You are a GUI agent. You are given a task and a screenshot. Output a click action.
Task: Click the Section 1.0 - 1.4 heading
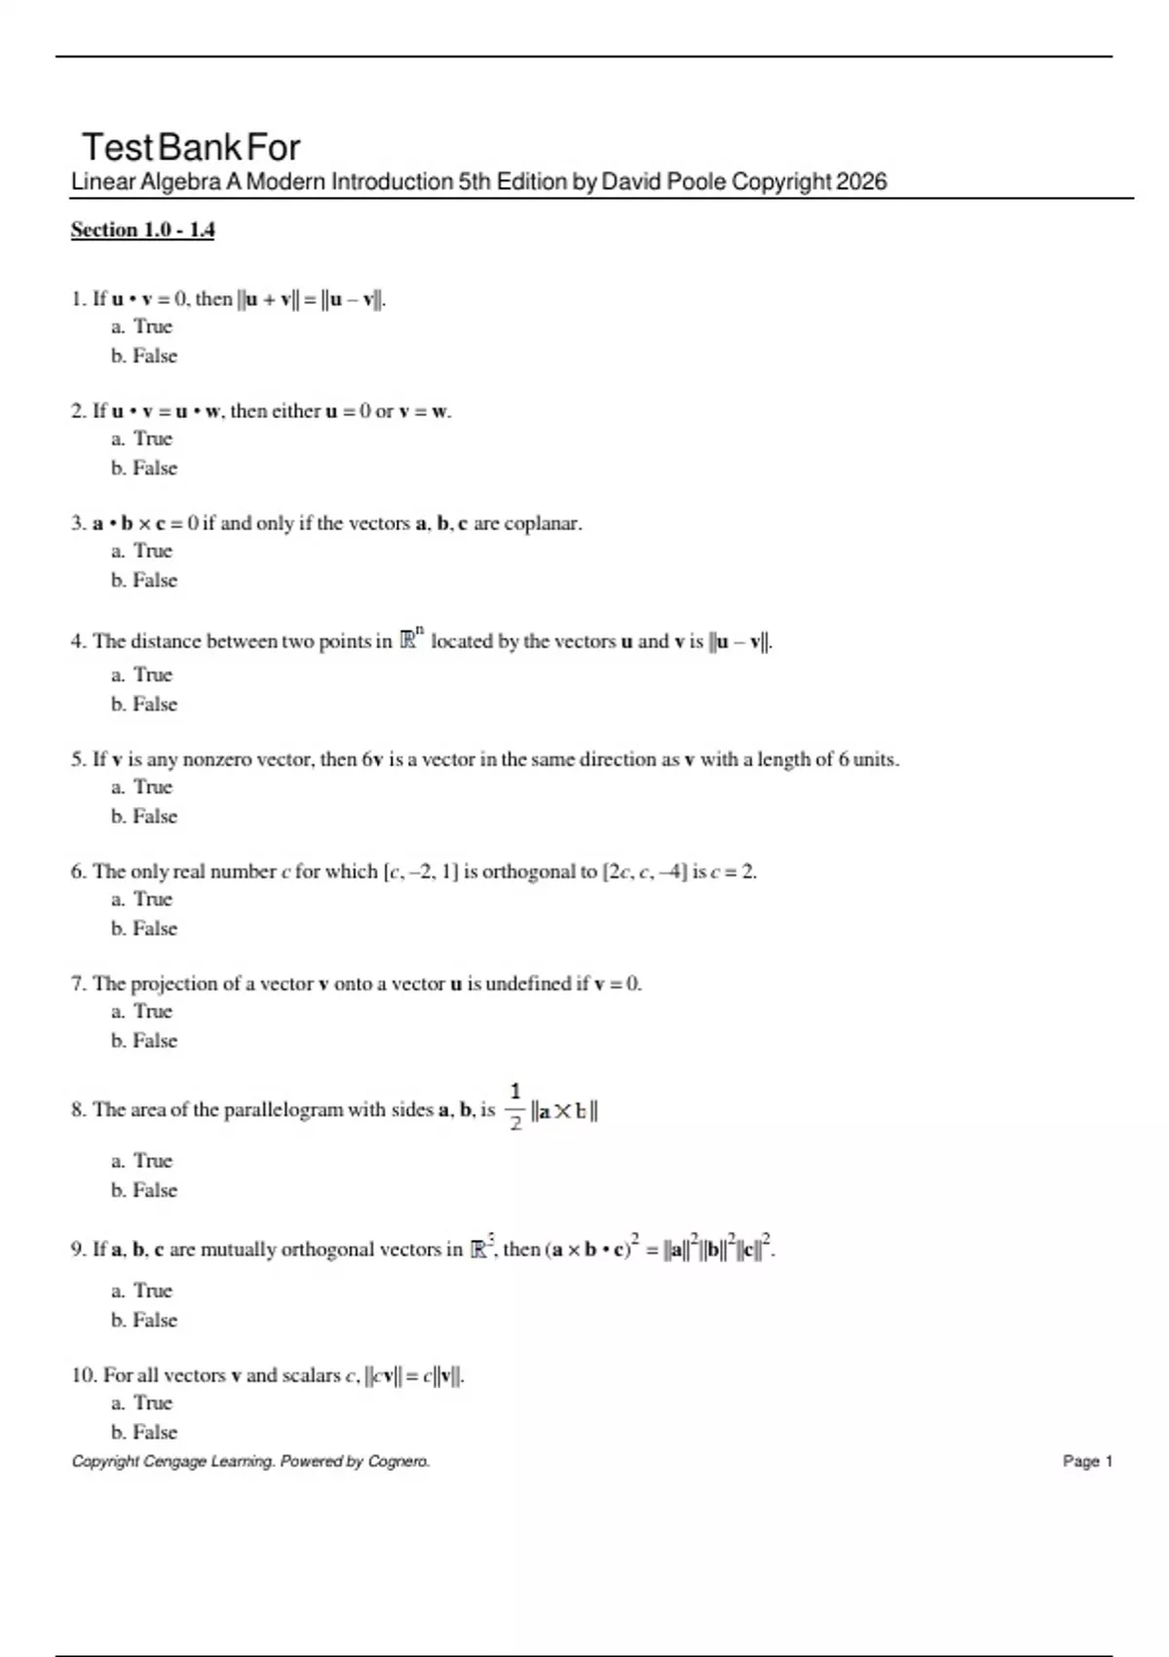coord(142,230)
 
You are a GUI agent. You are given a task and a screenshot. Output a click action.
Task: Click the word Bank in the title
coord(200,147)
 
